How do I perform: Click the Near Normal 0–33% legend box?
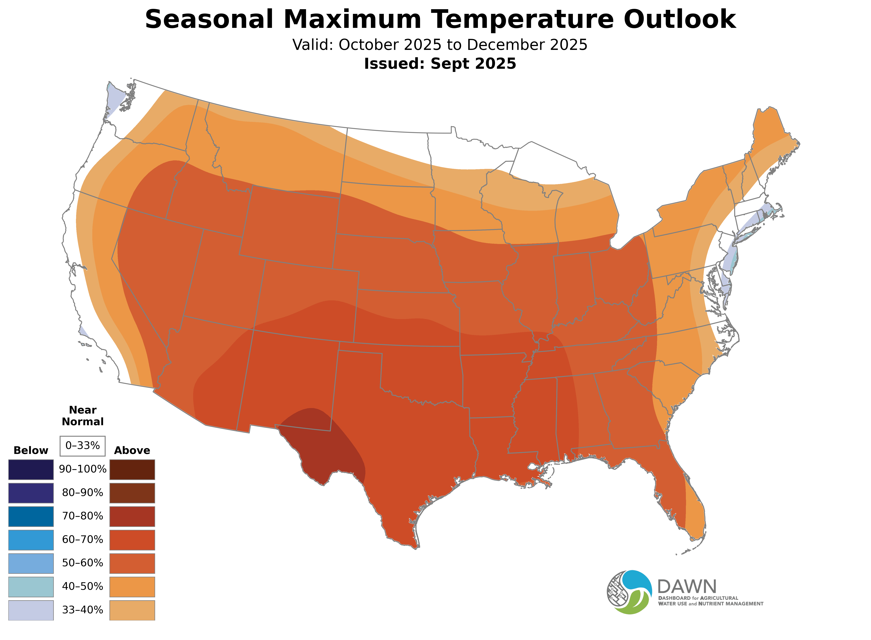(x=82, y=446)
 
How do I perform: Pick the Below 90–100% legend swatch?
(x=31, y=470)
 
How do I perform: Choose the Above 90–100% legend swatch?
(x=132, y=470)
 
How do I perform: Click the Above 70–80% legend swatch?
(x=132, y=516)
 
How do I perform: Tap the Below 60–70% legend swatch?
(x=31, y=540)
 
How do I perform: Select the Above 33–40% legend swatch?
(x=132, y=610)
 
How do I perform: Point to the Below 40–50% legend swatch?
(x=31, y=587)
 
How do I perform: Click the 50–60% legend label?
(x=82, y=563)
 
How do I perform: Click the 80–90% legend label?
(x=82, y=493)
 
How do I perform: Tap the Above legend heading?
(x=132, y=451)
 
